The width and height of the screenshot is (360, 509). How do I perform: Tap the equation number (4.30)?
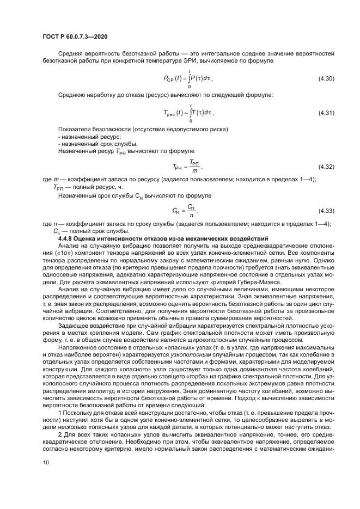coord(326,79)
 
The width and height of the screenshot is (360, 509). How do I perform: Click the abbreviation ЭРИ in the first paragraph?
coord(162,61)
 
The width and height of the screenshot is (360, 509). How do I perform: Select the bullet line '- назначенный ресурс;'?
coord(81,137)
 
